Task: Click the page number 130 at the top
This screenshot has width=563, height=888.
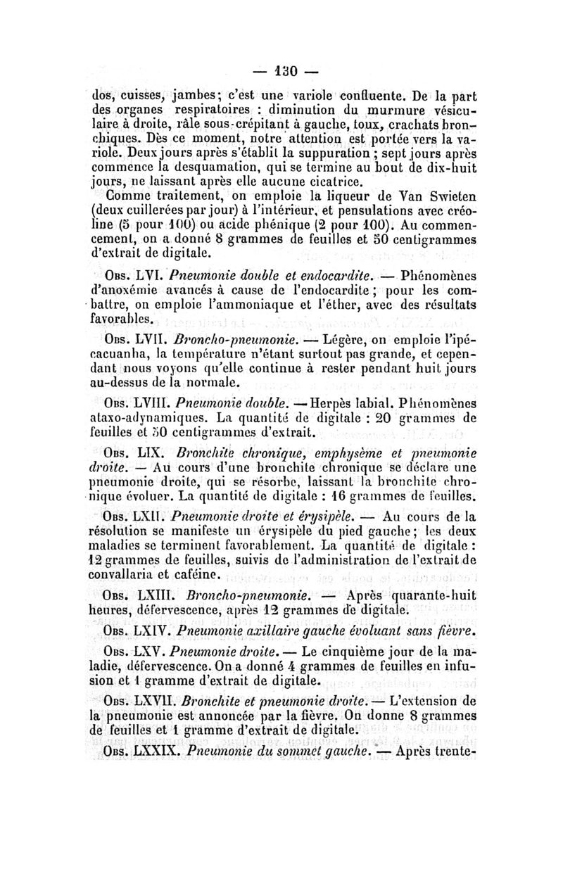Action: coord(283,73)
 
